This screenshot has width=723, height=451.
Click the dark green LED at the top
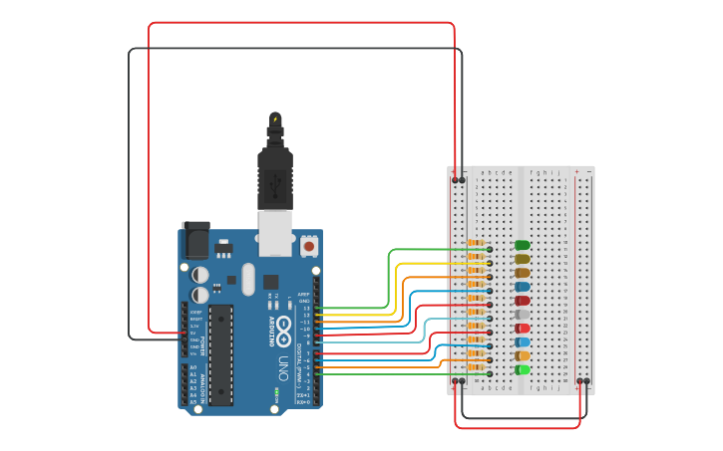[522, 245]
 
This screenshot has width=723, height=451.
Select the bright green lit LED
[523, 369]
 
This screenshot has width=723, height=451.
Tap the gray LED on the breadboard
[522, 314]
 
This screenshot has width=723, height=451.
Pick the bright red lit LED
[523, 328]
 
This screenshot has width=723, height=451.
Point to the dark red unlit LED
[522, 300]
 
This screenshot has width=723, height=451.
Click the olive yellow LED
[522, 259]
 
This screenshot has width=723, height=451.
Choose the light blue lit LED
[523, 341]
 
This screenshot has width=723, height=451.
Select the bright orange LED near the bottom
[523, 355]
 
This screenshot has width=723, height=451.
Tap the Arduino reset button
[309, 244]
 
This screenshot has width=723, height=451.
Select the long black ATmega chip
[220, 354]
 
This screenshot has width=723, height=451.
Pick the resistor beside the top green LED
[477, 245]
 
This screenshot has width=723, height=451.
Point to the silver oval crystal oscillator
[248, 280]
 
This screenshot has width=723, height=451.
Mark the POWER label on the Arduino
[203, 344]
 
